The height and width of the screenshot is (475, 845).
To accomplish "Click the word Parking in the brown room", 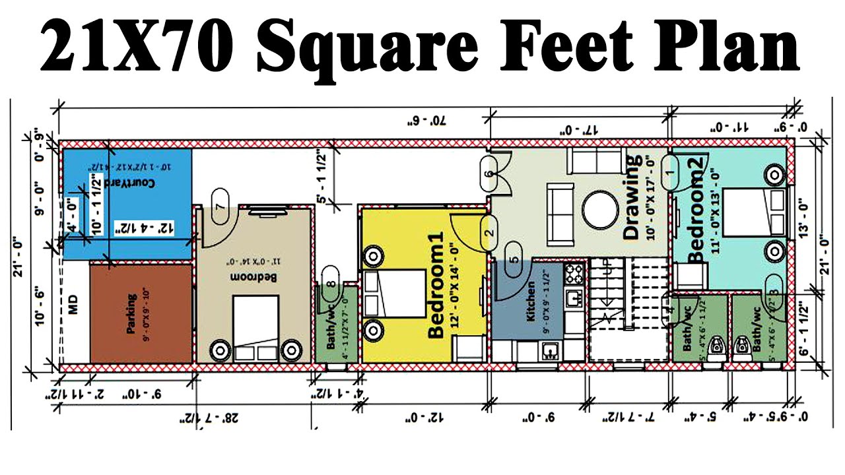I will pos(133,314).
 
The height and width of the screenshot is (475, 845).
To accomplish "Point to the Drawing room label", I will pos(632,197).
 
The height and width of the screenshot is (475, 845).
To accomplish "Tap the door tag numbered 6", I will pos(489,174).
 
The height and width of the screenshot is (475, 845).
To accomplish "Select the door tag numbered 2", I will pos(489,232).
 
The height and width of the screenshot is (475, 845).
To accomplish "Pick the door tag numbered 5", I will pos(513,258).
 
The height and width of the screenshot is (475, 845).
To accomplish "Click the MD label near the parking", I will pos(73,307).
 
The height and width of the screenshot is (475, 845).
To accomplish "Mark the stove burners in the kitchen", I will pos(573,272).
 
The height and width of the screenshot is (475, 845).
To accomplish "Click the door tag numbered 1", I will pos(671,172).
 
